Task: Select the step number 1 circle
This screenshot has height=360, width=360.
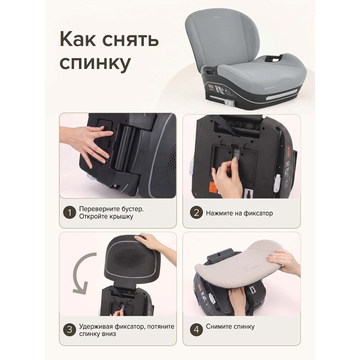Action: [70, 213]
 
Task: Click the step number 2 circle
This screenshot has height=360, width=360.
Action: [196, 213]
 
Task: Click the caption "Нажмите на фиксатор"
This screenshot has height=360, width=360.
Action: [239, 213]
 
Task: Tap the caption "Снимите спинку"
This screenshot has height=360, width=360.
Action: [230, 326]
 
